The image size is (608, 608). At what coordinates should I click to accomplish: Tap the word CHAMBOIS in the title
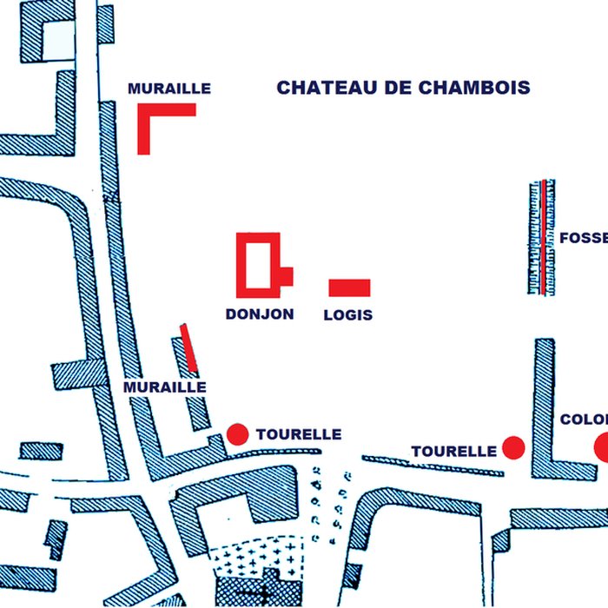pos(473,88)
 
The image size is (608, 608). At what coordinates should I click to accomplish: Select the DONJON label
pos(260,314)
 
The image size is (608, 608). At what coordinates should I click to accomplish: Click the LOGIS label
pos(347,315)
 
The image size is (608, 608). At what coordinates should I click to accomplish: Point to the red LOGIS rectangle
pos(349,287)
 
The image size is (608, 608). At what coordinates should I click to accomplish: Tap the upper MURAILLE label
pos(169,89)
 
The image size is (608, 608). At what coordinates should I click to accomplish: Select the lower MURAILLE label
pos(165,387)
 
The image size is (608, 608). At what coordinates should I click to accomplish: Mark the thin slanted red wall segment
pos(188,347)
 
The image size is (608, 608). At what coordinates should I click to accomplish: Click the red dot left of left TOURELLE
pos(237,433)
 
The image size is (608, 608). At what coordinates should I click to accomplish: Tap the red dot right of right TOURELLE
pos(513,447)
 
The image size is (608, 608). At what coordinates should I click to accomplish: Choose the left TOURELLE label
pos(298,434)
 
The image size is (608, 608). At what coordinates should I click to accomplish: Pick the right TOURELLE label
pos(453,452)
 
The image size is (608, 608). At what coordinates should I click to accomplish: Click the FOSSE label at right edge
pos(583,238)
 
